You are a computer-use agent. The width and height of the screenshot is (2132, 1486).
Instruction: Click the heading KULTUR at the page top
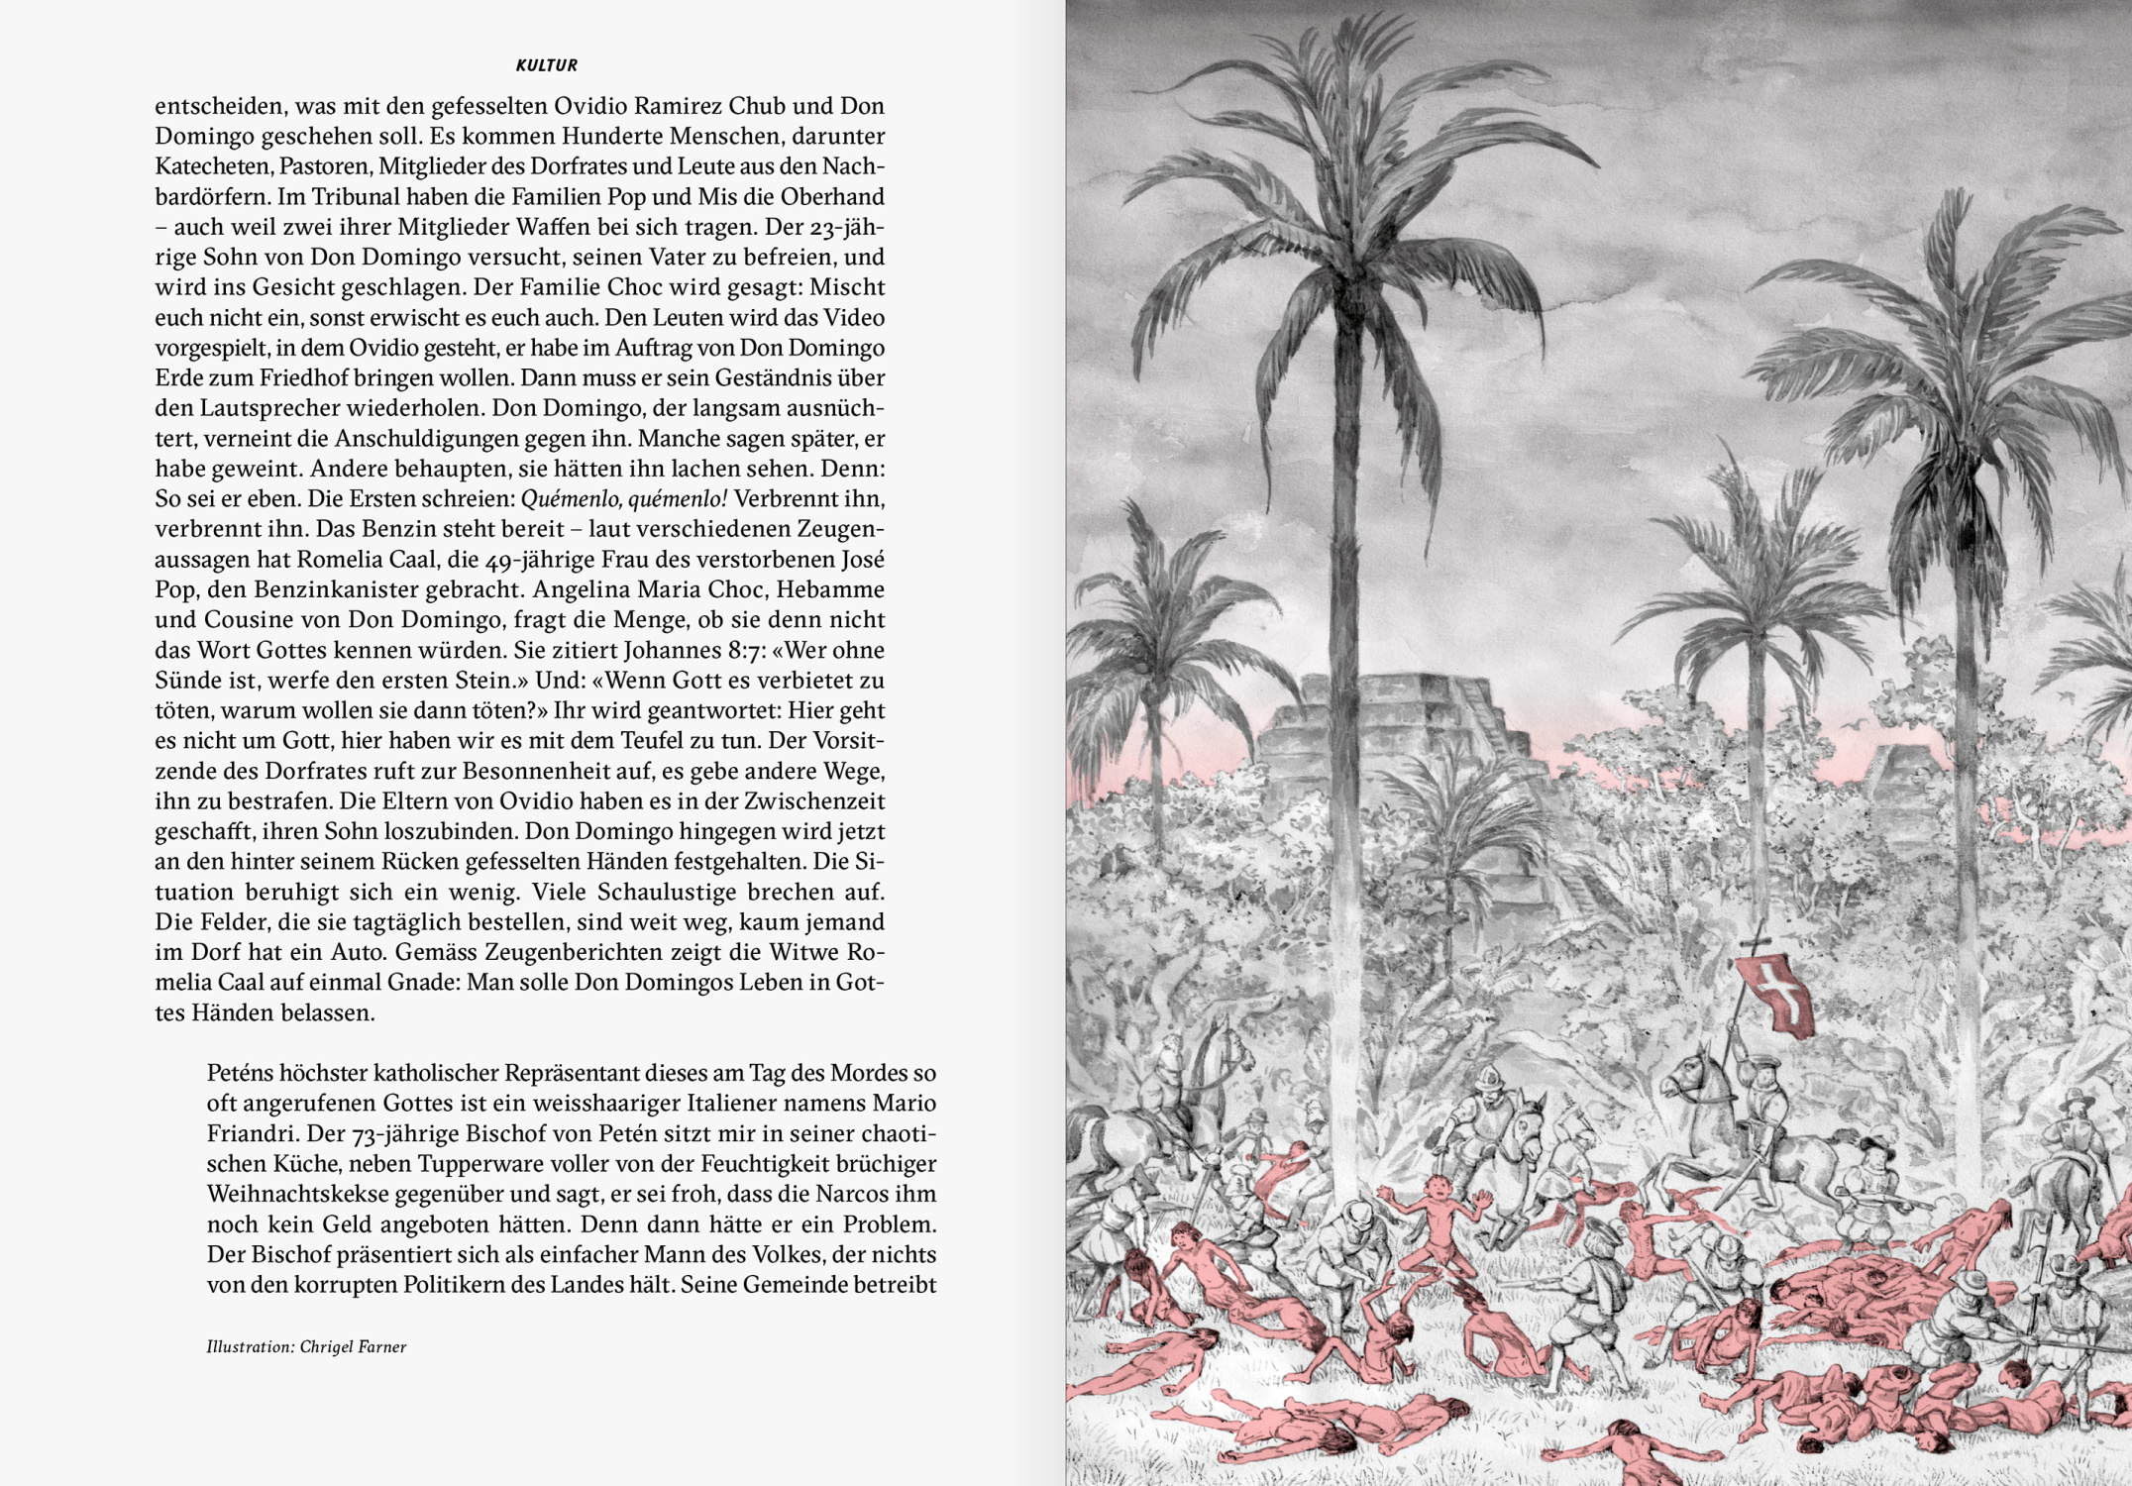pos(546,65)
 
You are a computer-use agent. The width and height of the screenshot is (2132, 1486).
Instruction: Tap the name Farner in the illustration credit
pos(380,1346)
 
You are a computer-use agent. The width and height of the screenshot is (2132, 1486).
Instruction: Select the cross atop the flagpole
pos(1757,941)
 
